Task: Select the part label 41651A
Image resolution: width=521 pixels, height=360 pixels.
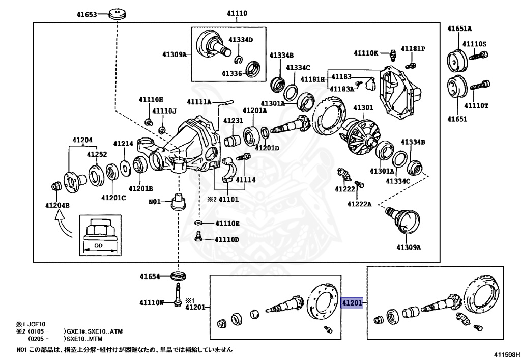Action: [459, 29]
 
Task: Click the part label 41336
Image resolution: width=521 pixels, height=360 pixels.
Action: [231, 73]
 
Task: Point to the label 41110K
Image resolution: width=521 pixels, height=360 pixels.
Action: [366, 53]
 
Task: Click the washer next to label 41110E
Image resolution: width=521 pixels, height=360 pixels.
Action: [199, 223]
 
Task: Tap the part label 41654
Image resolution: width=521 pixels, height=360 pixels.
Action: [151, 277]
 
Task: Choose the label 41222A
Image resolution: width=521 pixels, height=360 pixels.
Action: [360, 204]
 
